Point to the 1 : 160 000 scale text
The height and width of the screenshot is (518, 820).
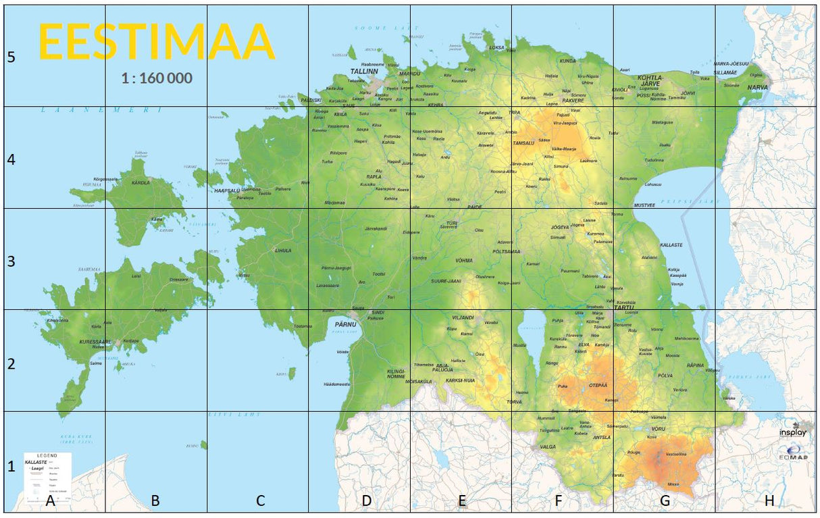tap(157, 78)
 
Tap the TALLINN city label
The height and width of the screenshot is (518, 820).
tap(363, 71)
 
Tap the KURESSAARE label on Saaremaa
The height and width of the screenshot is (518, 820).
tap(95, 342)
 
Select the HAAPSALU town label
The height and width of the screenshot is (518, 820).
tap(227, 191)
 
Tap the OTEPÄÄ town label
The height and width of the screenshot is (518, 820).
tap(598, 385)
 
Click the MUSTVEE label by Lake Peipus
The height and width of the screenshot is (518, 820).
tap(644, 205)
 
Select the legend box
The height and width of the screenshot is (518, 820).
tap(47, 478)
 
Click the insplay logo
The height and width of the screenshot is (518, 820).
tap(792, 432)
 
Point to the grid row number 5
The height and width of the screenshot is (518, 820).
tap(11, 57)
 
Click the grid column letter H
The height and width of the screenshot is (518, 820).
tap(769, 500)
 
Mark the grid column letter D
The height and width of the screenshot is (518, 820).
tap(366, 500)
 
